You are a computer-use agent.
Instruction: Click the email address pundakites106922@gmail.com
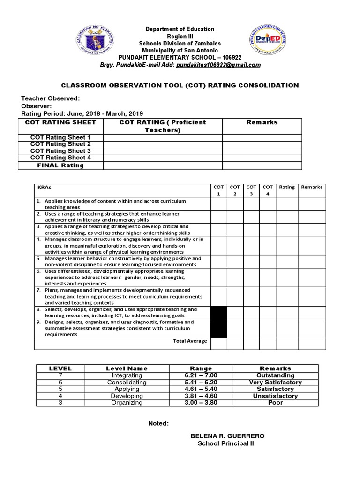tap(218, 65)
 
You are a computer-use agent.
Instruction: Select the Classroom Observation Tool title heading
tap(180, 85)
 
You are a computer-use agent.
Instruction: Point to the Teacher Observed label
tap(51, 99)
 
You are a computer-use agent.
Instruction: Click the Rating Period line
tap(82, 114)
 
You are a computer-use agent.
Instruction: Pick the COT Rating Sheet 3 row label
tap(60, 151)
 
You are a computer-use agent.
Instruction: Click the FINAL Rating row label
tap(60, 165)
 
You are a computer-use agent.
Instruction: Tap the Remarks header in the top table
tap(262, 122)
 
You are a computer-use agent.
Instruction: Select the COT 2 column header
tap(235, 190)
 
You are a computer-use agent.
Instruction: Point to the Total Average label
tap(190, 341)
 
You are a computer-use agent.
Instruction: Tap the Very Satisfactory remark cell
tap(275, 382)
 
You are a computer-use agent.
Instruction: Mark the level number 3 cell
tap(60, 402)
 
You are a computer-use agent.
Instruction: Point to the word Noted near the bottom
tap(158, 423)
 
